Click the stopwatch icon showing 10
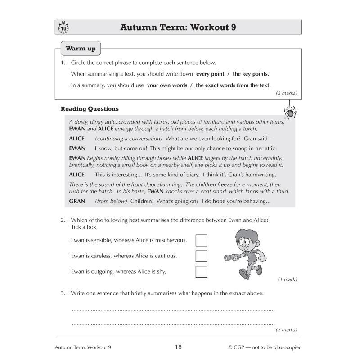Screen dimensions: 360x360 pyautogui.click(x=63, y=28)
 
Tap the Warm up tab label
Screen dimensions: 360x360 pyautogui.click(x=81, y=49)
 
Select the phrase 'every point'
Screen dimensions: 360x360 pyautogui.click(x=211, y=74)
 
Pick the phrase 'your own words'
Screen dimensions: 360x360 pyautogui.click(x=167, y=85)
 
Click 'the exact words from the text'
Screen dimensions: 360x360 pyautogui.click(x=233, y=85)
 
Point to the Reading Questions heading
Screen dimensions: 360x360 pyautogui.click(x=90, y=109)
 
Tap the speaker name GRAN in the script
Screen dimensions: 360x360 pyautogui.click(x=76, y=201)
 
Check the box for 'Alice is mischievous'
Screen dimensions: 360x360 pyautogui.click(x=202, y=240)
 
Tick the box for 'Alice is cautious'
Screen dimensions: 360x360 pyautogui.click(x=202, y=256)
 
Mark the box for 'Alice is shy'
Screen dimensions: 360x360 pyautogui.click(x=202, y=272)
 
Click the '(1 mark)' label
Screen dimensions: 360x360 pyautogui.click(x=287, y=279)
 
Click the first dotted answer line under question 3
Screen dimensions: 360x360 pyautogui.click(x=173, y=310)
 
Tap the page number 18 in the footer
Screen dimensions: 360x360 pyautogui.click(x=178, y=347)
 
